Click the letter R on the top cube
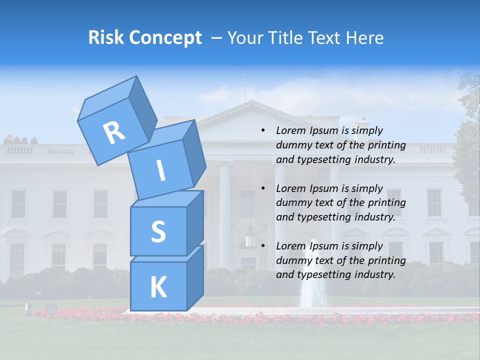click(114, 132)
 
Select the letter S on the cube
click(158, 232)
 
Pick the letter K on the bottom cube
click(158, 287)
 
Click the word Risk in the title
click(106, 37)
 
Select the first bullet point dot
click(263, 131)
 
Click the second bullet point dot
click(263, 188)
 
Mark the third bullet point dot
click(263, 246)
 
